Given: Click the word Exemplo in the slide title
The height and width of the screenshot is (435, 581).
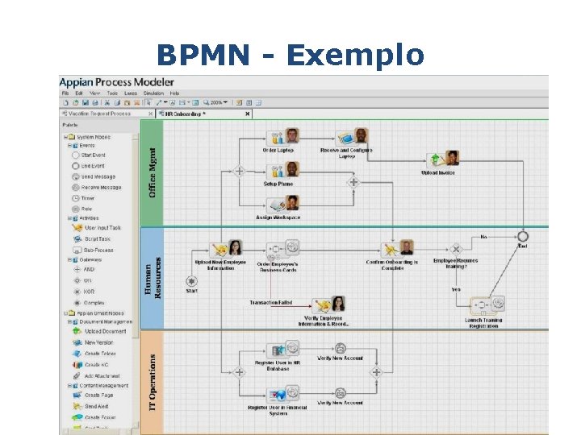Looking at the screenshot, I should tap(354, 55).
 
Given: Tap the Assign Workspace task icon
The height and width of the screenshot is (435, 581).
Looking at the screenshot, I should tap(282, 204).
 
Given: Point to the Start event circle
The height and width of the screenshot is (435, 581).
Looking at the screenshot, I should tap(191, 281).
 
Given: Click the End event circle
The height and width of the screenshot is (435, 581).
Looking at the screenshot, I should tap(523, 236).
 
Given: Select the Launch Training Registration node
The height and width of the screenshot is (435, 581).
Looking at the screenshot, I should tap(484, 306).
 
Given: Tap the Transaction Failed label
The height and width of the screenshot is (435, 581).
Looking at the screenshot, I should tap(270, 303).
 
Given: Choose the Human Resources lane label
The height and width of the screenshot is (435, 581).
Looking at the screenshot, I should tap(153, 278).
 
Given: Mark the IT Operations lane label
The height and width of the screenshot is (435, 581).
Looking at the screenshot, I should tap(153, 382).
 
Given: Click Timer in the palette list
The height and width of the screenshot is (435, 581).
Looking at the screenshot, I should tap(87, 197).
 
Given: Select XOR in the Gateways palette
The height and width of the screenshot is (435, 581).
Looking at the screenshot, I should tap(89, 292).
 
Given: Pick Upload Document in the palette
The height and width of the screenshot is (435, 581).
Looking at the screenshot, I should tap(105, 331).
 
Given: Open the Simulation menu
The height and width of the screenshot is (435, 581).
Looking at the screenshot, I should tap(153, 93).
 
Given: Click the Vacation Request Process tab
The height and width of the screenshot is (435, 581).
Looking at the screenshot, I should tap(99, 114).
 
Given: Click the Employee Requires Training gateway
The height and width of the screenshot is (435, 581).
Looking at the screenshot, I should tap(456, 248).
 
